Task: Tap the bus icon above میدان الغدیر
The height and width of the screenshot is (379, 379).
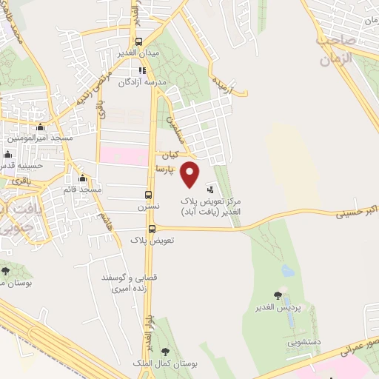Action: [138, 42]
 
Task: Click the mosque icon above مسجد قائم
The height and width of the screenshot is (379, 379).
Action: [82, 179]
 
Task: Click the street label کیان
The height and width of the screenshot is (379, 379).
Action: [171, 156]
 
